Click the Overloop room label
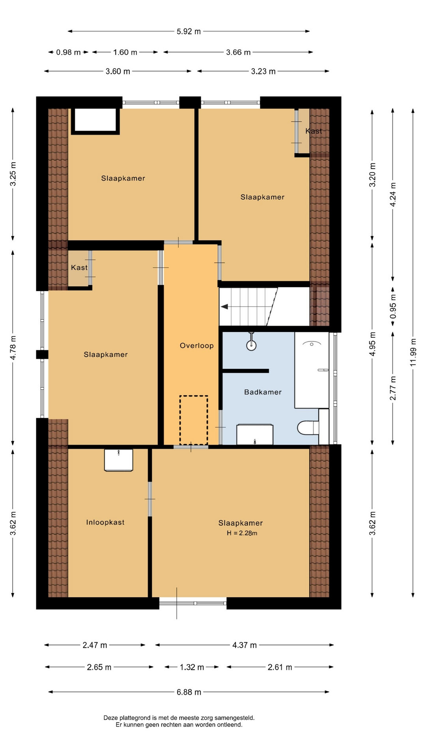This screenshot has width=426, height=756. pos(196,346)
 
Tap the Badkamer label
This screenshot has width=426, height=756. pos(263,392)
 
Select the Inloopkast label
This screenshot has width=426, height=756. pos(105,523)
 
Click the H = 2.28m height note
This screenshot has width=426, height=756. pos(242,533)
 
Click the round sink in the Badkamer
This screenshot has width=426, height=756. pos(251,345)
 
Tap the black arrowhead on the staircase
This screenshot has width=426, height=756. pos(224,306)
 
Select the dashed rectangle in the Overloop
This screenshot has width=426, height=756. pos(194,420)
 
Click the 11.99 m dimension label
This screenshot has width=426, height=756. pos(413,352)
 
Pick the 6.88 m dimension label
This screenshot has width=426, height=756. pos(189,692)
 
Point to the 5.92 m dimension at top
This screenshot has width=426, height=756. pos(189,31)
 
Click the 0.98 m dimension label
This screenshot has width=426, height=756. pos(68,52)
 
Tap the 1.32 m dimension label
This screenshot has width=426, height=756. pos(192,667)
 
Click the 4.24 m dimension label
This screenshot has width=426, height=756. pos(393,195)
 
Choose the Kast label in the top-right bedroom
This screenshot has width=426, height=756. pos(314,131)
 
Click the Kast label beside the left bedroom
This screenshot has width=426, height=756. pos(79,268)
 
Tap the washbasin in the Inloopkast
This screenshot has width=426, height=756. pos(118,460)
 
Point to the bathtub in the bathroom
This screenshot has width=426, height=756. pos(312,370)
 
